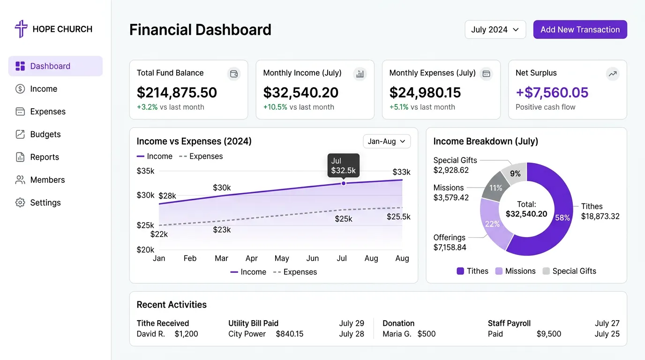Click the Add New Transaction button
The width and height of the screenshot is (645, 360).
(x=580, y=30)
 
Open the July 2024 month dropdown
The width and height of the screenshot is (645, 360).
(x=495, y=30)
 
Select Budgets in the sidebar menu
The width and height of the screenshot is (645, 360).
(x=45, y=135)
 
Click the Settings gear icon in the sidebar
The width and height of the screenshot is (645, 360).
(x=20, y=203)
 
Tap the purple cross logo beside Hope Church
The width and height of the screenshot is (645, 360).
(x=21, y=29)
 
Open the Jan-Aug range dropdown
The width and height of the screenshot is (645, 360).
(x=387, y=142)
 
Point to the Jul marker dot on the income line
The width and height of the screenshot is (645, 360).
(x=344, y=183)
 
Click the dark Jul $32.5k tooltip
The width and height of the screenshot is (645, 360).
(x=343, y=165)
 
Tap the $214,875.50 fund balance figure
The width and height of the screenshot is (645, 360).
(x=177, y=93)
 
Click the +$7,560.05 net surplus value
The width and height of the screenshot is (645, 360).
(x=552, y=93)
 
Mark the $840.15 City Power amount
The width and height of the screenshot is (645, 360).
(x=289, y=334)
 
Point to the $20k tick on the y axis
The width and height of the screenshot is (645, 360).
(x=145, y=250)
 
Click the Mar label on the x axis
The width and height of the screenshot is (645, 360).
(x=221, y=259)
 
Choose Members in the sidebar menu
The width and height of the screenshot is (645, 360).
(x=47, y=180)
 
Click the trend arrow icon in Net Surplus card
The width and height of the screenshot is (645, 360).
(x=612, y=74)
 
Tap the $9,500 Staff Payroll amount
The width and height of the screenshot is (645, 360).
(x=548, y=334)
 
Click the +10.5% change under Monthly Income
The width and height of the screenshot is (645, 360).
(x=275, y=107)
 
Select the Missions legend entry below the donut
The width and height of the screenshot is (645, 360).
(x=515, y=271)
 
